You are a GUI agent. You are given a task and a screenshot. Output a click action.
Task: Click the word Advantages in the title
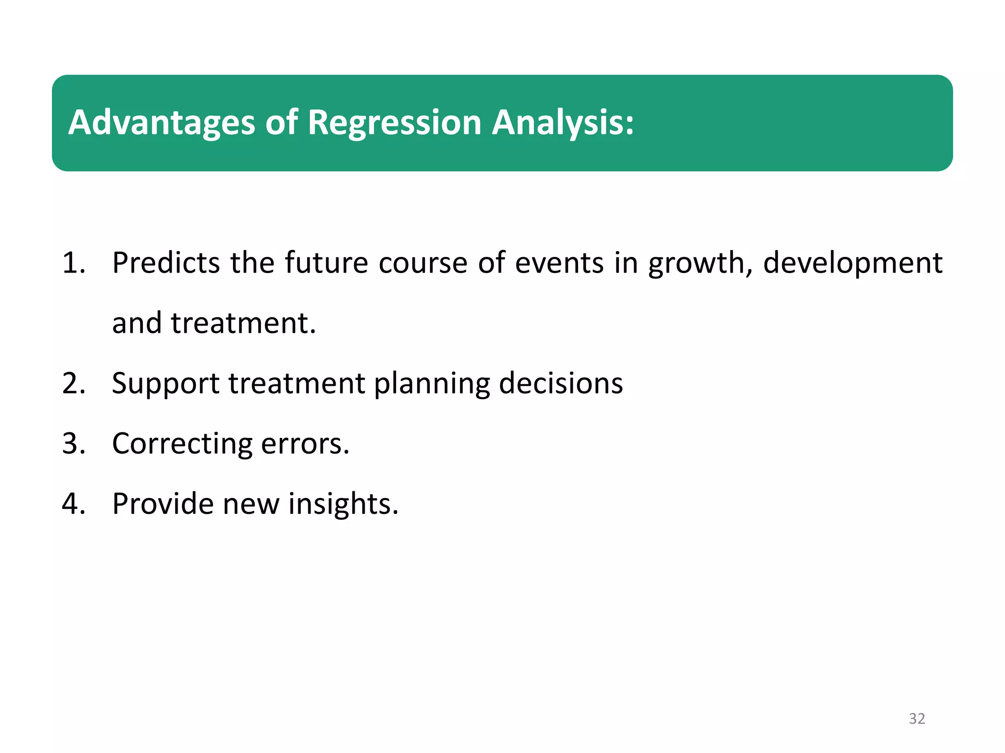161,123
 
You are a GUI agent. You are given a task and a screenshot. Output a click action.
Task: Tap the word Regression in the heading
394,123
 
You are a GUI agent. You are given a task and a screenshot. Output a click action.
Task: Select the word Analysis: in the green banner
563,123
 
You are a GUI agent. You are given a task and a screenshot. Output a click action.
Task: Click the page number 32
917,718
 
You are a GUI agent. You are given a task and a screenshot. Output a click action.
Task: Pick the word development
852,263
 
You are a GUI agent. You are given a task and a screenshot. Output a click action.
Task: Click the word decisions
561,383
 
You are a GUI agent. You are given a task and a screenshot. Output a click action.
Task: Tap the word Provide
162,504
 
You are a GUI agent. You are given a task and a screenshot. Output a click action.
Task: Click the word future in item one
326,263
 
